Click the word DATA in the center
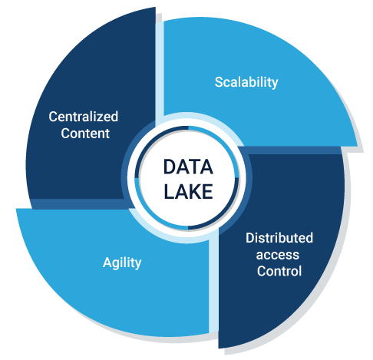(188, 167)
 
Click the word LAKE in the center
(188, 191)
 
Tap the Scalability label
(246, 82)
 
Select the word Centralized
(84, 117)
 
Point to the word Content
(85, 134)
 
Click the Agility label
(122, 263)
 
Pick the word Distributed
(279, 238)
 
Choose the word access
(278, 255)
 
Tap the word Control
(279, 271)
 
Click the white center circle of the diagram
(187, 178)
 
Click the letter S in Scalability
(219, 82)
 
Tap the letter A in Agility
(107, 262)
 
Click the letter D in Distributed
(250, 238)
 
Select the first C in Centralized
(53, 117)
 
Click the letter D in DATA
(170, 167)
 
